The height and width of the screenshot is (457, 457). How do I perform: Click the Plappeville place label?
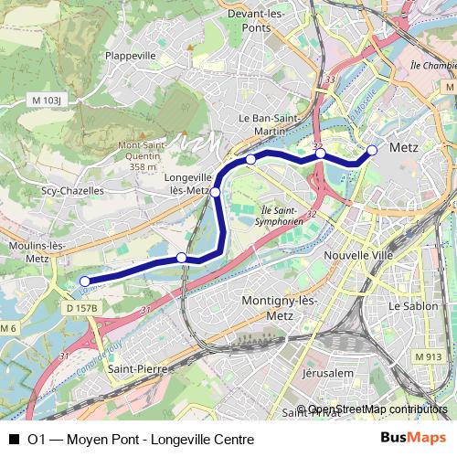click(x=133, y=55)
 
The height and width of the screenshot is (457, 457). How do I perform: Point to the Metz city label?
click(x=403, y=147)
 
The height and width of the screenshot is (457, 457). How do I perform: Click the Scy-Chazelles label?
click(x=72, y=191)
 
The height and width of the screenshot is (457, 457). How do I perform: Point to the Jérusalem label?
click(x=326, y=374)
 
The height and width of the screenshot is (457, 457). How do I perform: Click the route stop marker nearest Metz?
click(x=372, y=150)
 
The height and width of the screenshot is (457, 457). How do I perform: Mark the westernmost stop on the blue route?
click(x=85, y=282)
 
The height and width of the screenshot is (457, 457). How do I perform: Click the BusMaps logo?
click(x=412, y=439)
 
